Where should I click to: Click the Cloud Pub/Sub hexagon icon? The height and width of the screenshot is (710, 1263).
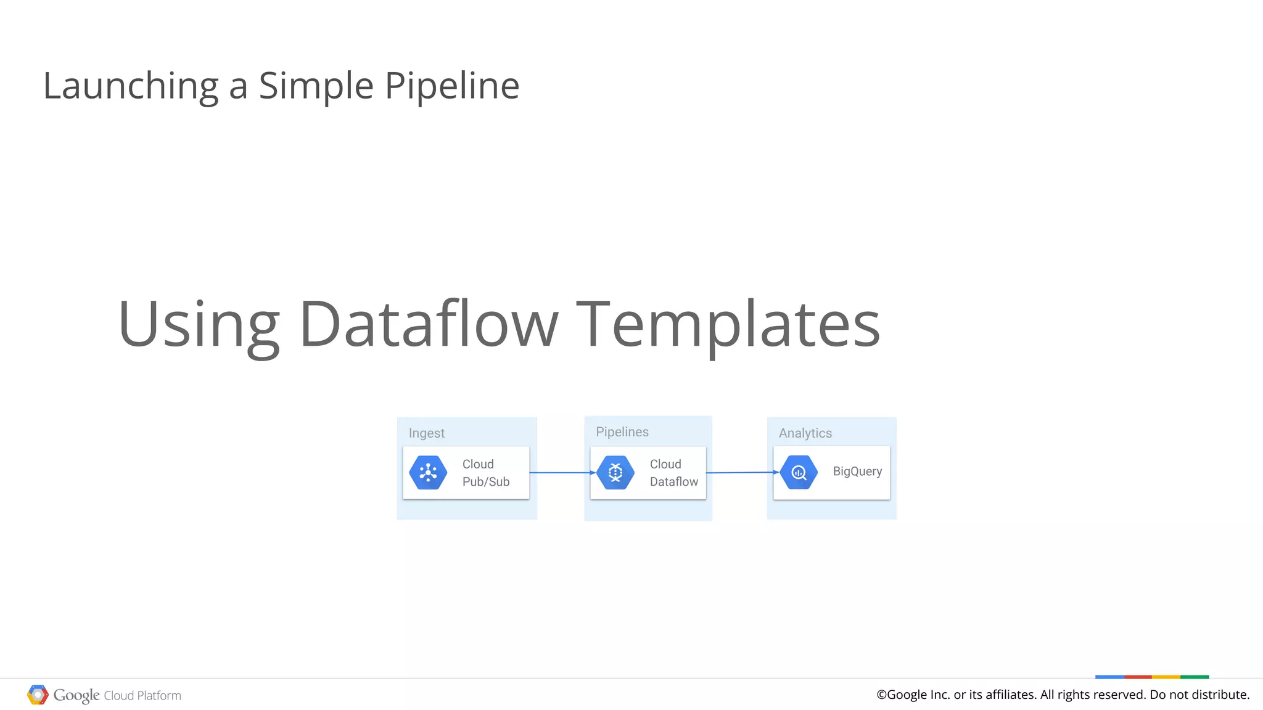[x=428, y=473]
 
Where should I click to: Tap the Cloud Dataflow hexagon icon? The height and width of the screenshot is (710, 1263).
[x=615, y=473]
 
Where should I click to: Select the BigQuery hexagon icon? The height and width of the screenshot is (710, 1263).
[x=799, y=473]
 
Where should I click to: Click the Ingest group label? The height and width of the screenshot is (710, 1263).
[x=426, y=433]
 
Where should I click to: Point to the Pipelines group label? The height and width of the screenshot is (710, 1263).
[x=622, y=432]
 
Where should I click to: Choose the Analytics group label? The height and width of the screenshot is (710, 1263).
[x=805, y=433]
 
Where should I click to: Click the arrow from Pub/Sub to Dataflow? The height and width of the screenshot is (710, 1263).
[x=562, y=473]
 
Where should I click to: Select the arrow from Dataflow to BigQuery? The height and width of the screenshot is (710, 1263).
[x=742, y=473]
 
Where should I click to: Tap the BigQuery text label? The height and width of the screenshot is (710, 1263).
[x=857, y=471]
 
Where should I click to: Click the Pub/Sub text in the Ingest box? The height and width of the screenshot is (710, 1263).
[x=486, y=482]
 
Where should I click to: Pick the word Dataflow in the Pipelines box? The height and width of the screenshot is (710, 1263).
[x=673, y=482]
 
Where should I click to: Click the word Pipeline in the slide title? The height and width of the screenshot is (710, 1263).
[x=452, y=86]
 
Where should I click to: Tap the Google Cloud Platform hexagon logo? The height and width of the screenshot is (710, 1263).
[x=38, y=695]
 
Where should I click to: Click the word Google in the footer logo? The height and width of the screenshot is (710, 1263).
[x=76, y=695]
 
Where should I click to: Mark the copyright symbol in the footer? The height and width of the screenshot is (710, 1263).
[x=881, y=695]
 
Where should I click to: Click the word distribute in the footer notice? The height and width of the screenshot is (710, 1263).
[x=1219, y=695]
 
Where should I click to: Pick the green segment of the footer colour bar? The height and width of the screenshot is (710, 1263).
[x=1195, y=677]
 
